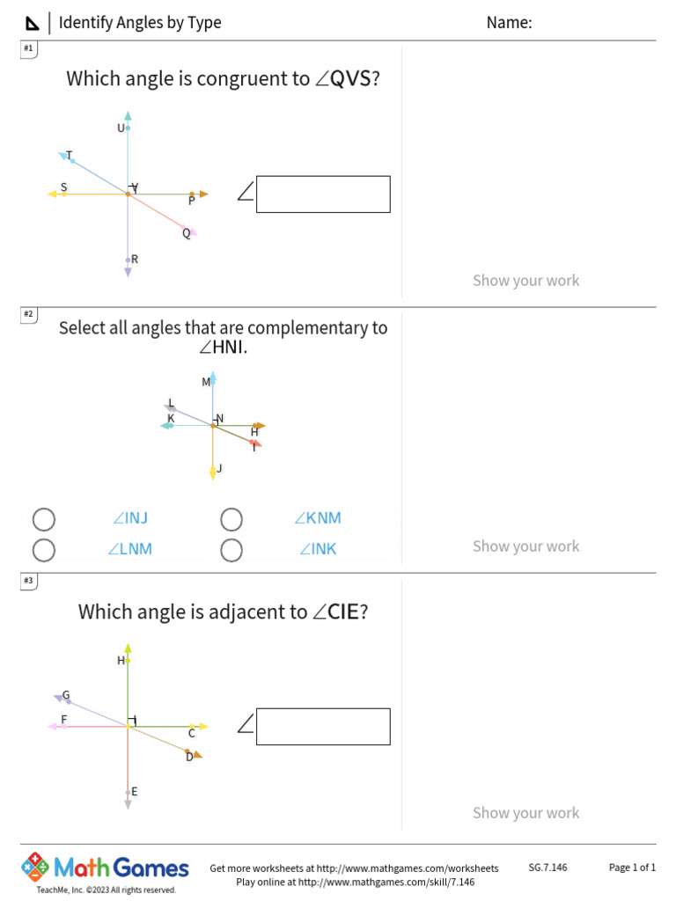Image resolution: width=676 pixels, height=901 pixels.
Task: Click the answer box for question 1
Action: [x=323, y=194]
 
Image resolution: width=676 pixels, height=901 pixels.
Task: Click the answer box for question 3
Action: [x=323, y=727]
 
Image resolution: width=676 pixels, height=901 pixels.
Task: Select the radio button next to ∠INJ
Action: [x=44, y=519]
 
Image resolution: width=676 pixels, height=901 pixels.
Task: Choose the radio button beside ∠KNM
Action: [x=231, y=519]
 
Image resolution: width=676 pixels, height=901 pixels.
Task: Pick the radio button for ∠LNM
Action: [x=44, y=550]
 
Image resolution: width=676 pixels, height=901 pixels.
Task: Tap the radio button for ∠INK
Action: [x=231, y=550]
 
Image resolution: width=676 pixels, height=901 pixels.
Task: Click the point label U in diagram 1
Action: [x=121, y=128]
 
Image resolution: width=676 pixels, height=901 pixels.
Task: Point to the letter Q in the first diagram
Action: [x=186, y=233]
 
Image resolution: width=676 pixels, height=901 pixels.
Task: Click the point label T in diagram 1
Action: [x=69, y=156]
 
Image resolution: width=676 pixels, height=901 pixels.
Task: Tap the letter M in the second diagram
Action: [x=206, y=382]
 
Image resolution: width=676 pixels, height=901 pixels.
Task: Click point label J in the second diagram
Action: [x=219, y=468]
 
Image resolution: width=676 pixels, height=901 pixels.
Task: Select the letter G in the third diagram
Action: [x=65, y=695]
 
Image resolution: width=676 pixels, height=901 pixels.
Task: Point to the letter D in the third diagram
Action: [x=188, y=757]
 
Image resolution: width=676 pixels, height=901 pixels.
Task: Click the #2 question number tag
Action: [x=28, y=314]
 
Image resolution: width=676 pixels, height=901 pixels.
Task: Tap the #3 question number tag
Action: [x=28, y=581]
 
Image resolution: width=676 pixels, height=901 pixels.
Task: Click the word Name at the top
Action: [x=509, y=23]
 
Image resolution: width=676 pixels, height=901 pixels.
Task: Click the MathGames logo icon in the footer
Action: [x=35, y=867]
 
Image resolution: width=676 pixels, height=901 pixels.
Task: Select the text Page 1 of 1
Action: [x=632, y=868]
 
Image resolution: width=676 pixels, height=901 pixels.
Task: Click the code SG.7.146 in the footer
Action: [x=547, y=868]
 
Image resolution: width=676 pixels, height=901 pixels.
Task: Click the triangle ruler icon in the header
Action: [x=33, y=23]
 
